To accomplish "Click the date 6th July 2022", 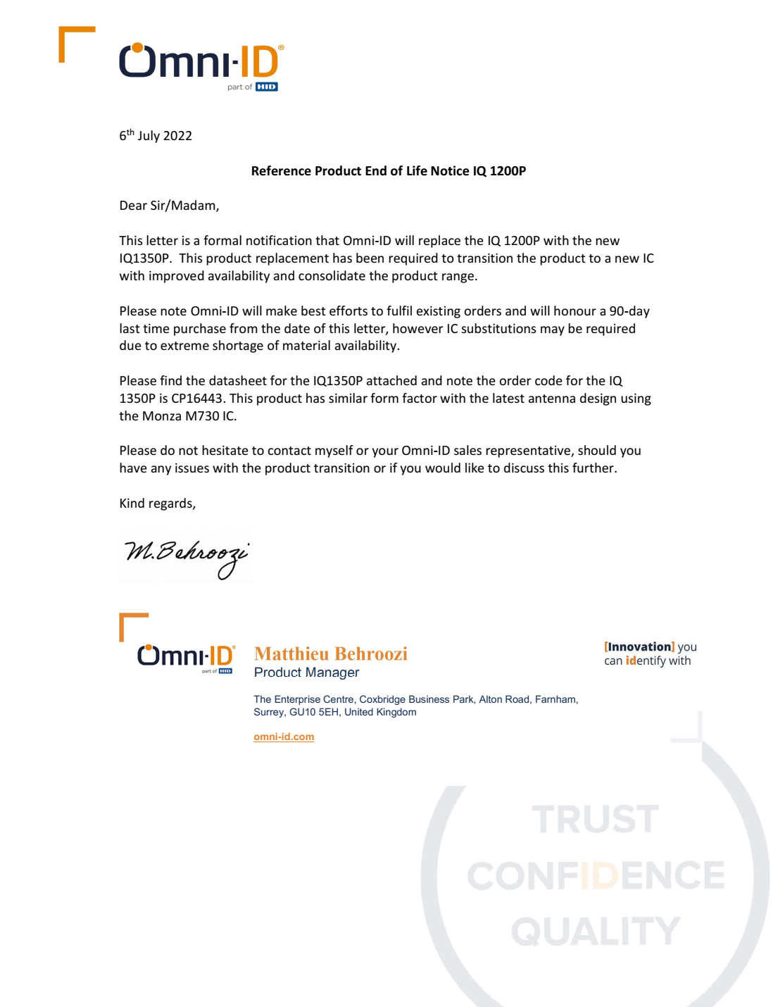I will pyautogui.click(x=156, y=135).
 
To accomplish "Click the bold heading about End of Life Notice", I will pyautogui.click(x=388, y=171).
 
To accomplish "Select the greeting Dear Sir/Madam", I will pyautogui.click(x=169, y=206).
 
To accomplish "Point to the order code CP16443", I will pyautogui.click(x=197, y=399).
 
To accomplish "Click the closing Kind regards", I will pyautogui.click(x=157, y=503).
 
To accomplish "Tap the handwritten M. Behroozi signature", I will pyautogui.click(x=186, y=556).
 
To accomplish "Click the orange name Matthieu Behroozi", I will pyautogui.click(x=330, y=654).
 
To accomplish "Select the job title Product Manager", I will pyautogui.click(x=306, y=673).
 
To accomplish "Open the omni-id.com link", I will pyautogui.click(x=284, y=737).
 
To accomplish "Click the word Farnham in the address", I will pyautogui.click(x=556, y=699).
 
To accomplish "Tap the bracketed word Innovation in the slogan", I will pyautogui.click(x=639, y=646).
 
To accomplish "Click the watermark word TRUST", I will pyautogui.click(x=596, y=820).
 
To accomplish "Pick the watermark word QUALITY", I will pyautogui.click(x=596, y=931).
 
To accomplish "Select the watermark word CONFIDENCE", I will pyautogui.click(x=596, y=875).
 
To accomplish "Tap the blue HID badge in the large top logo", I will pyautogui.click(x=266, y=87).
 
